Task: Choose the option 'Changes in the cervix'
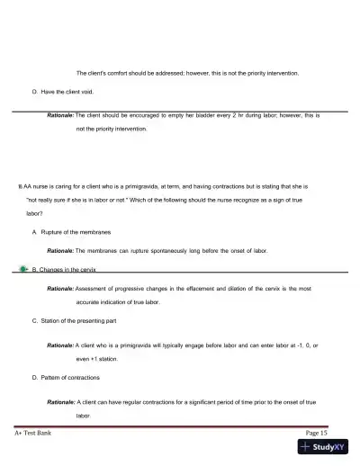click(74, 269)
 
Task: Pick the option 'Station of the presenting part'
click(82, 319)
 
